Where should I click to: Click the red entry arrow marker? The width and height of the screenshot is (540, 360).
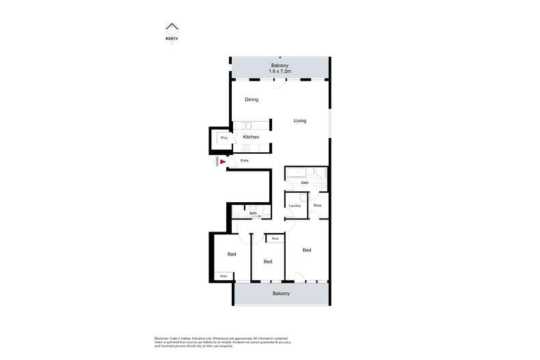[x=222, y=162]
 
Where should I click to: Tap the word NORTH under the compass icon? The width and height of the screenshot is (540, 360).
[x=172, y=38]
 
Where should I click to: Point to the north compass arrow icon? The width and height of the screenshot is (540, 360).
[x=172, y=27]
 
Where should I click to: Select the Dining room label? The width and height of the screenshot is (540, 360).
[x=252, y=100]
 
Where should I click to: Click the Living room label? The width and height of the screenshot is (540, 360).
[x=300, y=121]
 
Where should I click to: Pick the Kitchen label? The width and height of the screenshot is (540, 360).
[x=252, y=137]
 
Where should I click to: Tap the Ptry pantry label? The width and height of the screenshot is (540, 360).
[x=224, y=138]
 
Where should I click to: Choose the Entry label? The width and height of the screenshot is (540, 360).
[x=244, y=161]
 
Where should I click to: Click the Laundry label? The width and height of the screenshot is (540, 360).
[x=295, y=206]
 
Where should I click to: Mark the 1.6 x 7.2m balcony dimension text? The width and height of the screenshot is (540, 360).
[x=280, y=71]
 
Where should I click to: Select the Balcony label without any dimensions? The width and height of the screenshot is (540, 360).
[x=281, y=294]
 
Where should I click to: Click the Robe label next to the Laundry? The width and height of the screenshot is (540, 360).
[x=317, y=206]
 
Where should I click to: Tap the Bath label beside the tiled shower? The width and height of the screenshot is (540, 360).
[x=305, y=183]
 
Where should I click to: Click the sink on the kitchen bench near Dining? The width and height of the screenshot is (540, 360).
[x=245, y=125]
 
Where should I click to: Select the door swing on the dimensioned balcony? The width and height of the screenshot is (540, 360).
[x=280, y=81]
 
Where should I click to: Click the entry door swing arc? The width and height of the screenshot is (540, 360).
[x=234, y=162]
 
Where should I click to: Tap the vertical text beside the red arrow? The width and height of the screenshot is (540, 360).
[x=217, y=162]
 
